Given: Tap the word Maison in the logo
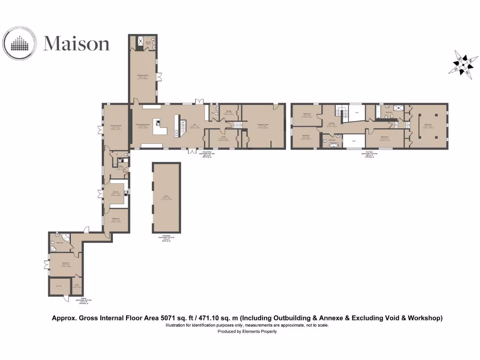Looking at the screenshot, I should [76, 44].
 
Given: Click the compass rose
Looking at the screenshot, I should [464, 64].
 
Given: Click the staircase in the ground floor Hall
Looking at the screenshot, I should [177, 126].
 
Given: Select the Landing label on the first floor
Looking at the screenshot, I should [331, 123].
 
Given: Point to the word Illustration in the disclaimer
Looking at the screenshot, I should [176, 325].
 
